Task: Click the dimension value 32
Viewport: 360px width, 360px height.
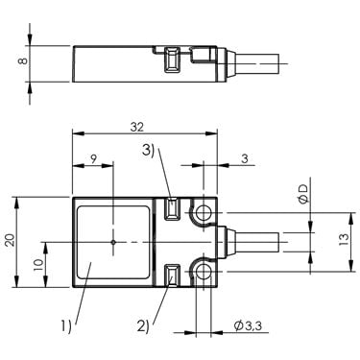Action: [x=137, y=127]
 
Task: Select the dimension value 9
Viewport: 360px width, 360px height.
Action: [x=93, y=159]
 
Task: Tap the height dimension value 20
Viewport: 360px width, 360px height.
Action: [x=11, y=240]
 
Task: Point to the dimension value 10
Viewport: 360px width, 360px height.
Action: [x=38, y=264]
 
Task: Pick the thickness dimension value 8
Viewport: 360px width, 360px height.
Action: [x=23, y=60]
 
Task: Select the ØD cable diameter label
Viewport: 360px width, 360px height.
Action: [x=303, y=194]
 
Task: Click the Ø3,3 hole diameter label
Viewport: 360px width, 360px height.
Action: [x=248, y=325]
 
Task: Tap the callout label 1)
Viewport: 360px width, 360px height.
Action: [x=66, y=326]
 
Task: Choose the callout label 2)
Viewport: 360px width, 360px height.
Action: [x=143, y=326]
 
